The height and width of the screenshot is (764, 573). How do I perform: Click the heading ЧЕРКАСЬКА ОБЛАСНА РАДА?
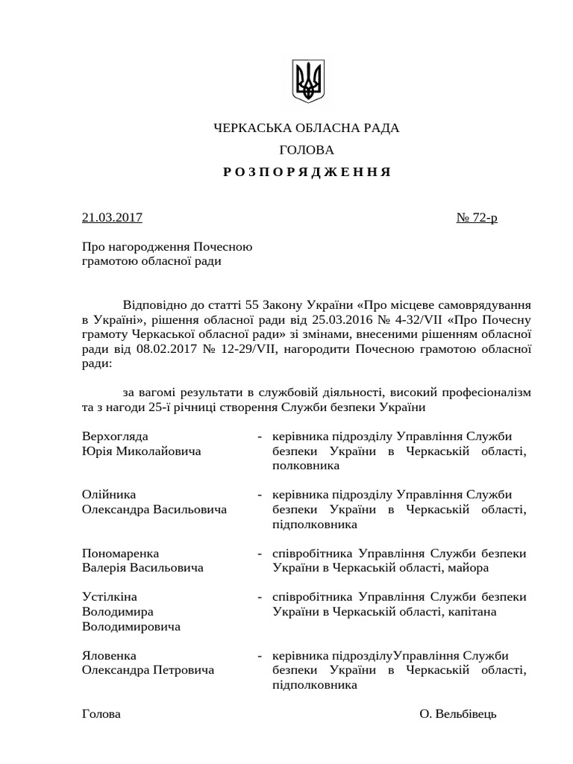307,128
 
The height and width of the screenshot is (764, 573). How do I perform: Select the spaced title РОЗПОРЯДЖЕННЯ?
307,172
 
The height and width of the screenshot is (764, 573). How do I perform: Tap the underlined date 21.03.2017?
112,218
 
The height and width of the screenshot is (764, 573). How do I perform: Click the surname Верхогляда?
115,436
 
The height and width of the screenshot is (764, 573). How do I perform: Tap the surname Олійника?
109,495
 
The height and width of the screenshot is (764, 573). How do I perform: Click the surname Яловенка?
109,656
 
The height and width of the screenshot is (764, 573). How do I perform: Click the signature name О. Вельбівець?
457,714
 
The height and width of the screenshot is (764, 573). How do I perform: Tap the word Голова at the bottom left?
101,714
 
